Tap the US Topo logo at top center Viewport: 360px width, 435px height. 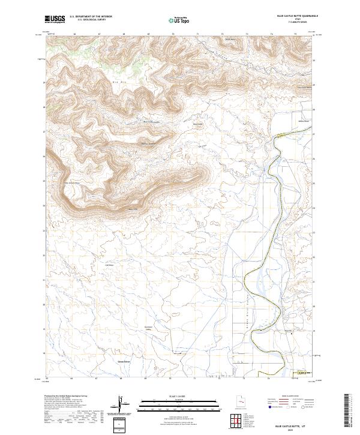click(x=181, y=20)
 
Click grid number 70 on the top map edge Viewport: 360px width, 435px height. click(x=173, y=34)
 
